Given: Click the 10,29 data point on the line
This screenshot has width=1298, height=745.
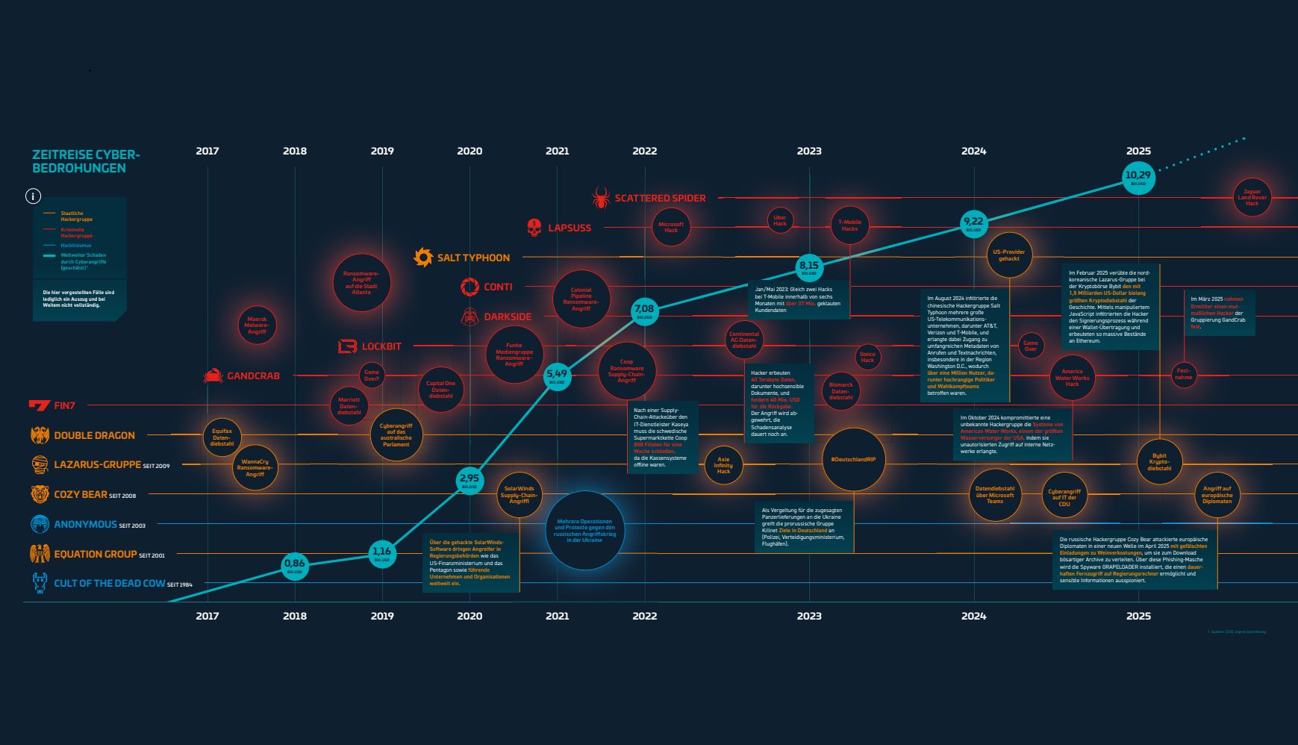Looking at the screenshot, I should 1138,178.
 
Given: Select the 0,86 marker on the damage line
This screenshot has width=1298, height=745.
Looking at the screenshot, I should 295,566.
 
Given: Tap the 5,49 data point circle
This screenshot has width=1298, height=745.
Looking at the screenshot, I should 557,375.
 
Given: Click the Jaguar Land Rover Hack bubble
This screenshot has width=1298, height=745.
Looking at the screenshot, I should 1252,198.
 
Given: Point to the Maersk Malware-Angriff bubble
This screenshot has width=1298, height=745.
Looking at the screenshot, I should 257,325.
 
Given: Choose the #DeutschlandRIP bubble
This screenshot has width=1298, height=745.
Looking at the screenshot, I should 853,459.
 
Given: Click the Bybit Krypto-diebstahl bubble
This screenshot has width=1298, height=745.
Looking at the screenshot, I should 1159,462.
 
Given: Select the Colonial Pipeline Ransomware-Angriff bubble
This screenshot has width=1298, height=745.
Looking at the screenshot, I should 581,299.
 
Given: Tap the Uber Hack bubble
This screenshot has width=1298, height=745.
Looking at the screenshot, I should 780,220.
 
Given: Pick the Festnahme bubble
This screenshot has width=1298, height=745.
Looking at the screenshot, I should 1183,374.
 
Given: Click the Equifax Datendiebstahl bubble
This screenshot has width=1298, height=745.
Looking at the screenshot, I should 222,437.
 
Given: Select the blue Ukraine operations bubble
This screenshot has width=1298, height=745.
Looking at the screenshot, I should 584,531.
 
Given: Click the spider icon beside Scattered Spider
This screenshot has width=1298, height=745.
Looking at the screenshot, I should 601,198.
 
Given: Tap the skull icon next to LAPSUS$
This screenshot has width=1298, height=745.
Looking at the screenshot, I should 534,228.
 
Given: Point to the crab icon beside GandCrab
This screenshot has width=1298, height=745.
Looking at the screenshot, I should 213,375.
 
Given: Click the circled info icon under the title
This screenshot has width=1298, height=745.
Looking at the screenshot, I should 33,196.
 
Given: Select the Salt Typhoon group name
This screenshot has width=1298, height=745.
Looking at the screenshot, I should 473,258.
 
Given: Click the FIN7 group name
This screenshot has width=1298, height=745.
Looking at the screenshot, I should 64,405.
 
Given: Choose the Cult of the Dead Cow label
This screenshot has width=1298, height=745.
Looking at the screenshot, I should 109,583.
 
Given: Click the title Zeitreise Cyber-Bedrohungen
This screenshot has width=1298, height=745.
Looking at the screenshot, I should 86,161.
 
